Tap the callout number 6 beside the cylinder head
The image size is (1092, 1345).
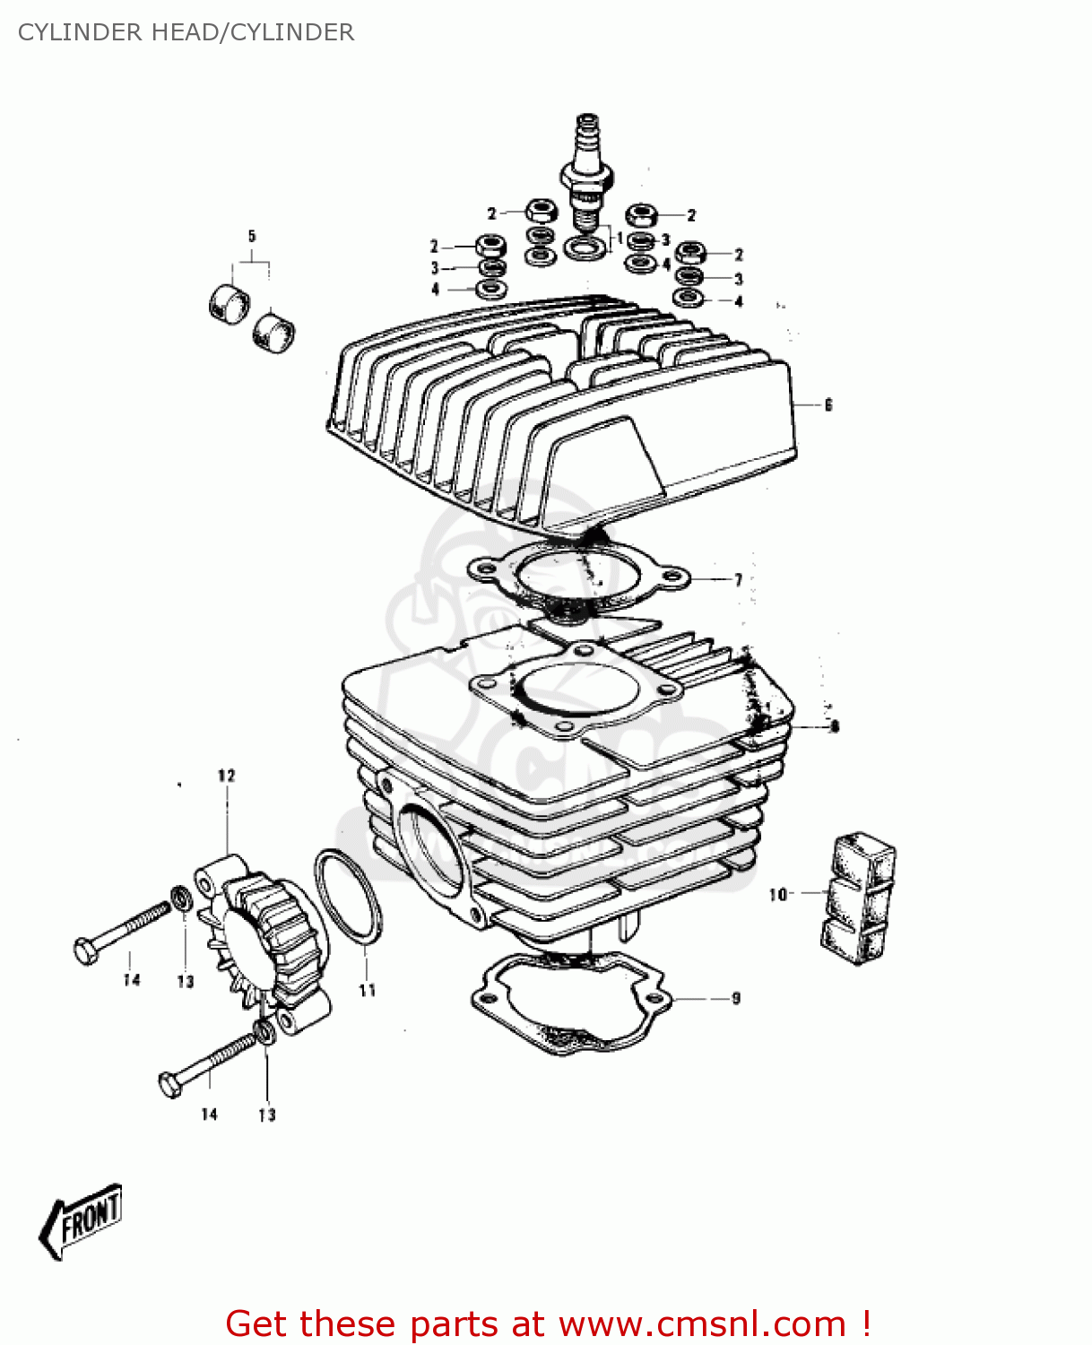coord(828,405)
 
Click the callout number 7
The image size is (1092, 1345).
coord(738,580)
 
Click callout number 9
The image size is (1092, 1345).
coord(736,998)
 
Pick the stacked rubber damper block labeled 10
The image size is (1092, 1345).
coord(857,898)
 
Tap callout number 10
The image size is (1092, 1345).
coord(777,894)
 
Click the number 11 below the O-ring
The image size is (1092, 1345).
coord(368,990)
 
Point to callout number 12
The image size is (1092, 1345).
coord(226,776)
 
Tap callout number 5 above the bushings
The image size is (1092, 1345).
coord(252,237)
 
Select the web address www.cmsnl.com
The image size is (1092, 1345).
coord(702,1323)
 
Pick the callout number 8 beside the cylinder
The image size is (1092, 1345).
coord(835,726)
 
